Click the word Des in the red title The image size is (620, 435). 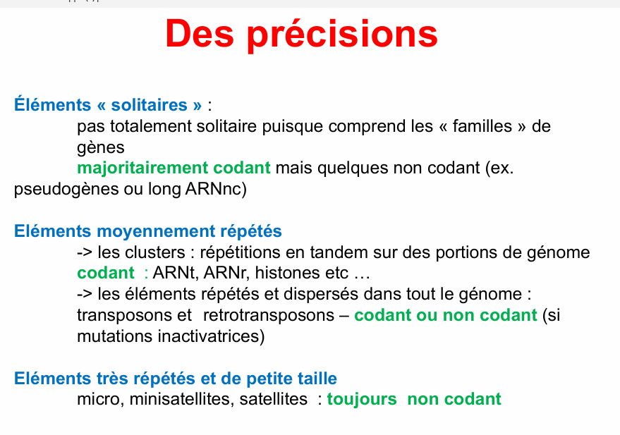(x=200, y=34)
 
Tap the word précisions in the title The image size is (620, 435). (x=342, y=35)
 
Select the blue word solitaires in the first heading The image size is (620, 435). (x=149, y=105)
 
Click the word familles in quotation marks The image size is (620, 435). (x=482, y=126)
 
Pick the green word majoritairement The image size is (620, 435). (x=142, y=168)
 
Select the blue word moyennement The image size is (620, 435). (x=156, y=231)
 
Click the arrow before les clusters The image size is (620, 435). (x=85, y=252)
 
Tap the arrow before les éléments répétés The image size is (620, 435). (x=85, y=294)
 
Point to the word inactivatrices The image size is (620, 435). (x=209, y=336)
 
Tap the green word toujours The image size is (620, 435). (x=362, y=400)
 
